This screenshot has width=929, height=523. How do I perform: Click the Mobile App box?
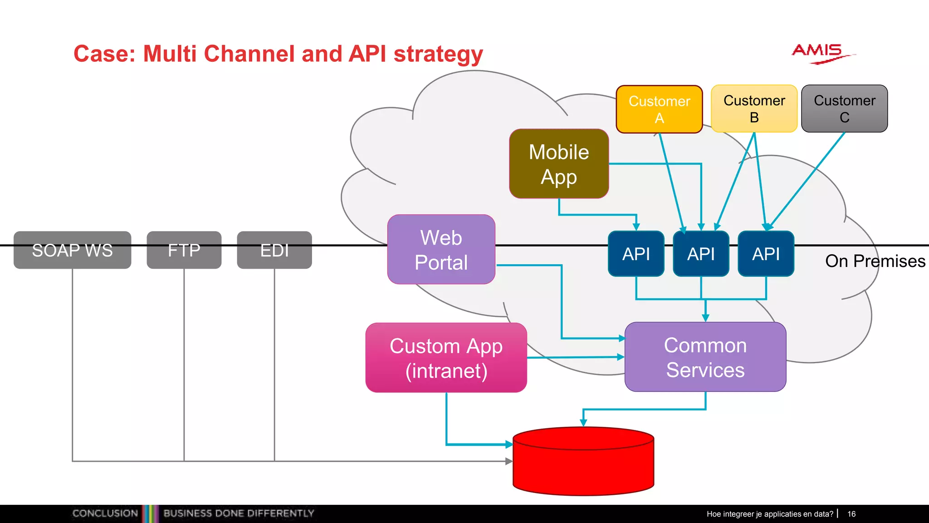[559, 164]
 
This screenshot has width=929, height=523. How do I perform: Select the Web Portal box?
[441, 250]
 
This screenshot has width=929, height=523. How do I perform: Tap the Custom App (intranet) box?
[446, 358]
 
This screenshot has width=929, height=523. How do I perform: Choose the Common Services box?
[705, 357]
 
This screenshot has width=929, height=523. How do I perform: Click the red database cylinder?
[583, 463]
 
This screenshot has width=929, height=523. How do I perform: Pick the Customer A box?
[659, 109]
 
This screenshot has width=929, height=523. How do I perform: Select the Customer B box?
[754, 109]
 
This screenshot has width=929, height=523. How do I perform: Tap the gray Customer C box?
[844, 109]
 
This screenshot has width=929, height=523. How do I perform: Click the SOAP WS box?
[72, 250]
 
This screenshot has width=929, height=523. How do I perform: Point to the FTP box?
[184, 250]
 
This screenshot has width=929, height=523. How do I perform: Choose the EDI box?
[274, 250]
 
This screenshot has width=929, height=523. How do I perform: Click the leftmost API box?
[636, 254]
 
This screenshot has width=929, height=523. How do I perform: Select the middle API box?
[701, 254]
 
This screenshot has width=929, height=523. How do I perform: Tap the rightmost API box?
[766, 254]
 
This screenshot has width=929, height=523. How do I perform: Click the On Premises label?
[875, 261]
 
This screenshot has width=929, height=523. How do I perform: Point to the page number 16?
[851, 514]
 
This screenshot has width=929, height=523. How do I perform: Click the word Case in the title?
[104, 54]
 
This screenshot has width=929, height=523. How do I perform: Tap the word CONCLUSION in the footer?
[105, 513]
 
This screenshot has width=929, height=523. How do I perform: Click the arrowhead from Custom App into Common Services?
[621, 357]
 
